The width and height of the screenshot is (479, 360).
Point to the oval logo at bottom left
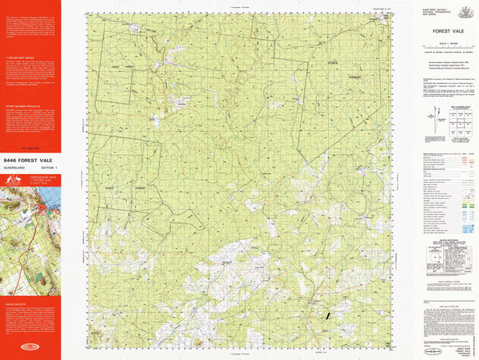[30, 348]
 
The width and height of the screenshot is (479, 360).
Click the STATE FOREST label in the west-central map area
[127, 187]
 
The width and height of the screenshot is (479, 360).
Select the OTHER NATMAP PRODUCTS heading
[24, 105]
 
